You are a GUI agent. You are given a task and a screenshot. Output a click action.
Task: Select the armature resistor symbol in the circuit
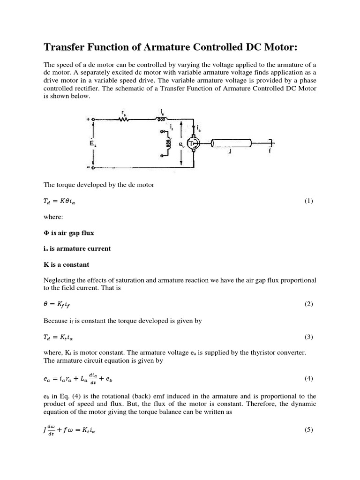[x=124, y=119]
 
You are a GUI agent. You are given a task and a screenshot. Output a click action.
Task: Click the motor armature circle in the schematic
[x=194, y=143]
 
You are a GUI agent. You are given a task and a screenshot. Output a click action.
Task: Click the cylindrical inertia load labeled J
[x=229, y=143]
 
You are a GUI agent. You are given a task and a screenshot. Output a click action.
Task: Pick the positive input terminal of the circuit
[x=93, y=120]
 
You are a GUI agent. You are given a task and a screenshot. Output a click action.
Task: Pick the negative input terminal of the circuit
[x=93, y=167]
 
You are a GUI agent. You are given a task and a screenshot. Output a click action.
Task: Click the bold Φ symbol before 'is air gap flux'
[x=45, y=233]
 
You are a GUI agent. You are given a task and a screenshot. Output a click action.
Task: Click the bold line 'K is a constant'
[x=66, y=265]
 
